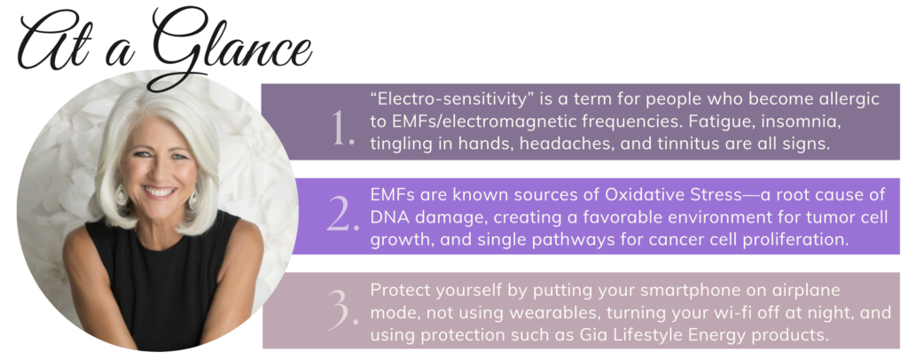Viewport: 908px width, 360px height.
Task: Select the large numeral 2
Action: pyautogui.click(x=343, y=215)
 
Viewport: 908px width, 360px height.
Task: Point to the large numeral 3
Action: pyautogui.click(x=343, y=309)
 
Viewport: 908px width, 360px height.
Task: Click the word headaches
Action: pyautogui.click(x=568, y=144)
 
